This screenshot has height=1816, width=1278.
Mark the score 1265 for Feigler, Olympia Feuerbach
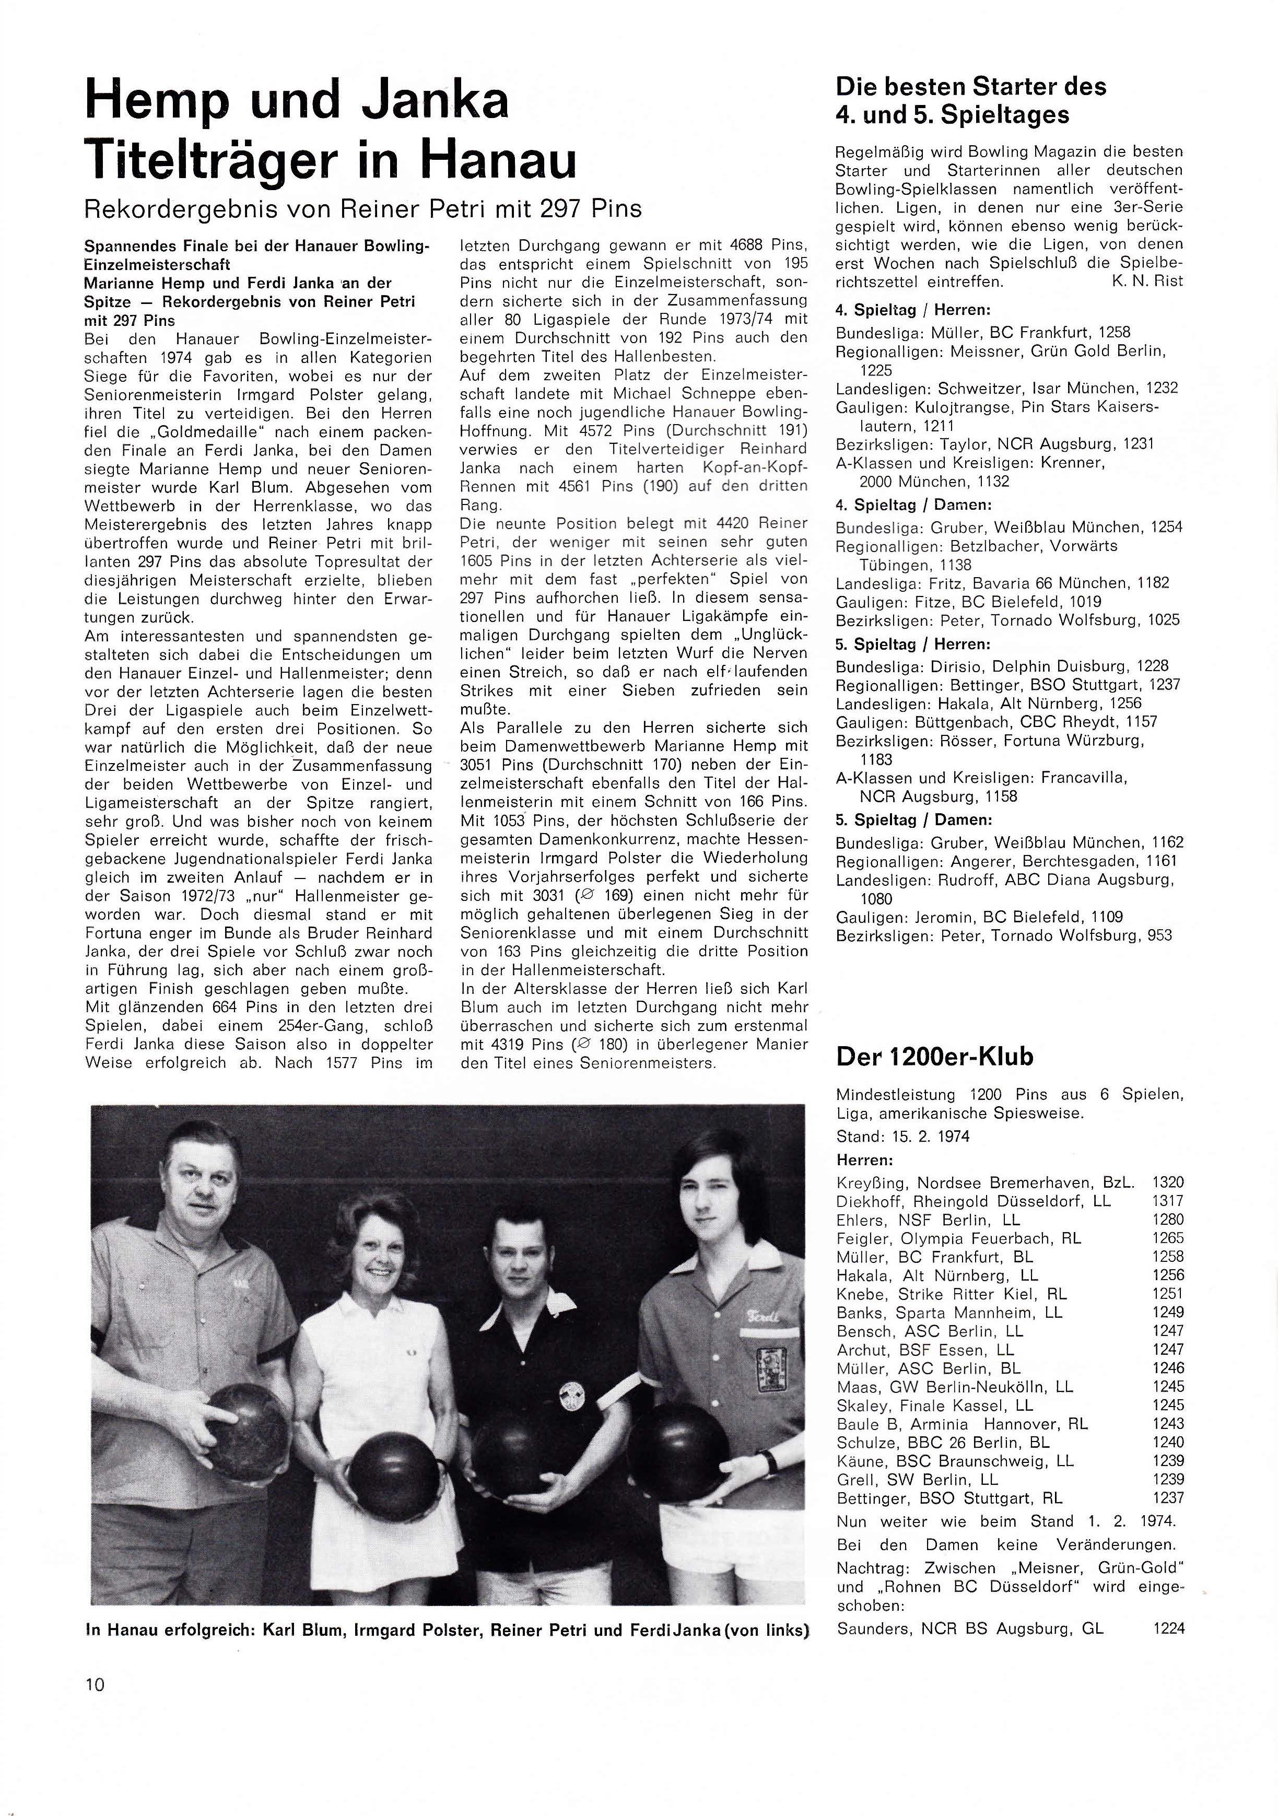coord(1168,1238)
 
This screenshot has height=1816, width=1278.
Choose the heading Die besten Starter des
coord(970,86)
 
